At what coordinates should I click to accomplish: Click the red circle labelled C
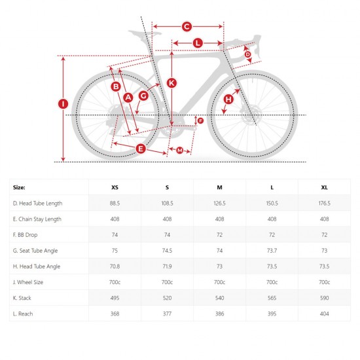[186, 26]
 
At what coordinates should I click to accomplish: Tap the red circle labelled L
[198, 43]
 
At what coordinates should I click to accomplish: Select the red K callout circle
[171, 82]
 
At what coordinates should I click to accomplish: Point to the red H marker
[228, 99]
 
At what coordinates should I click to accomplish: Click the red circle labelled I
[63, 103]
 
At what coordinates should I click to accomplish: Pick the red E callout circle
[140, 149]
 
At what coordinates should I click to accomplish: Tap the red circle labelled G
[143, 96]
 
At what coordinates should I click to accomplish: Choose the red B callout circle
[115, 86]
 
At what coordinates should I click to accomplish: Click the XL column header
[324, 187]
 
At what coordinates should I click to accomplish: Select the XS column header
[115, 187]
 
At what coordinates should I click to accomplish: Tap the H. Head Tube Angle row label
[38, 266]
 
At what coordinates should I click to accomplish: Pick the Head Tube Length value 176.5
[324, 204]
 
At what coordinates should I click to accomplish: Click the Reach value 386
[219, 314]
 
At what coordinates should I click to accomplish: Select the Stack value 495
[115, 298]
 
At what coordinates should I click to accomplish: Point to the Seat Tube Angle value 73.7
[272, 251]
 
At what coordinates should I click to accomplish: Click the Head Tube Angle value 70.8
[115, 266]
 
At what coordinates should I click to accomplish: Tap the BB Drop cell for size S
[167, 235]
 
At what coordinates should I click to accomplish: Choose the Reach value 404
[324, 314]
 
